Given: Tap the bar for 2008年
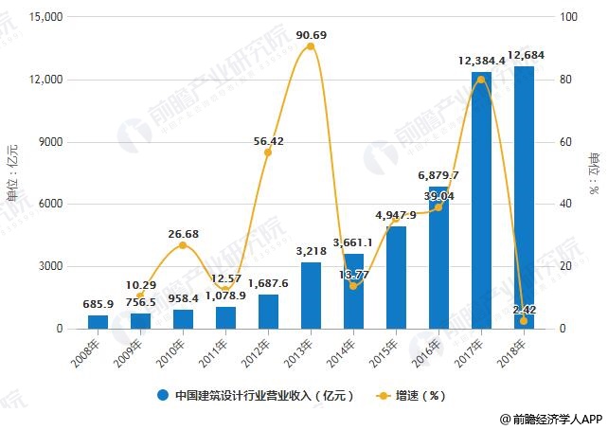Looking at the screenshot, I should (98, 322).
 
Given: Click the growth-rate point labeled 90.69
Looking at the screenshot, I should (311, 45).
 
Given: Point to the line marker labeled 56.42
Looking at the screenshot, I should (268, 152).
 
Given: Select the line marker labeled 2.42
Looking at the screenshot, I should (524, 321).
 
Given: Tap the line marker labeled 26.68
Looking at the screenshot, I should (183, 245).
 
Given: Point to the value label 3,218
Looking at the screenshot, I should (311, 252).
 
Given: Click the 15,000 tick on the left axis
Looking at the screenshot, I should (43, 17).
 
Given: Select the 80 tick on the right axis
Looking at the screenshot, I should (565, 80).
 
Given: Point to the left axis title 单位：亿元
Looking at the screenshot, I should (11, 170).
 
